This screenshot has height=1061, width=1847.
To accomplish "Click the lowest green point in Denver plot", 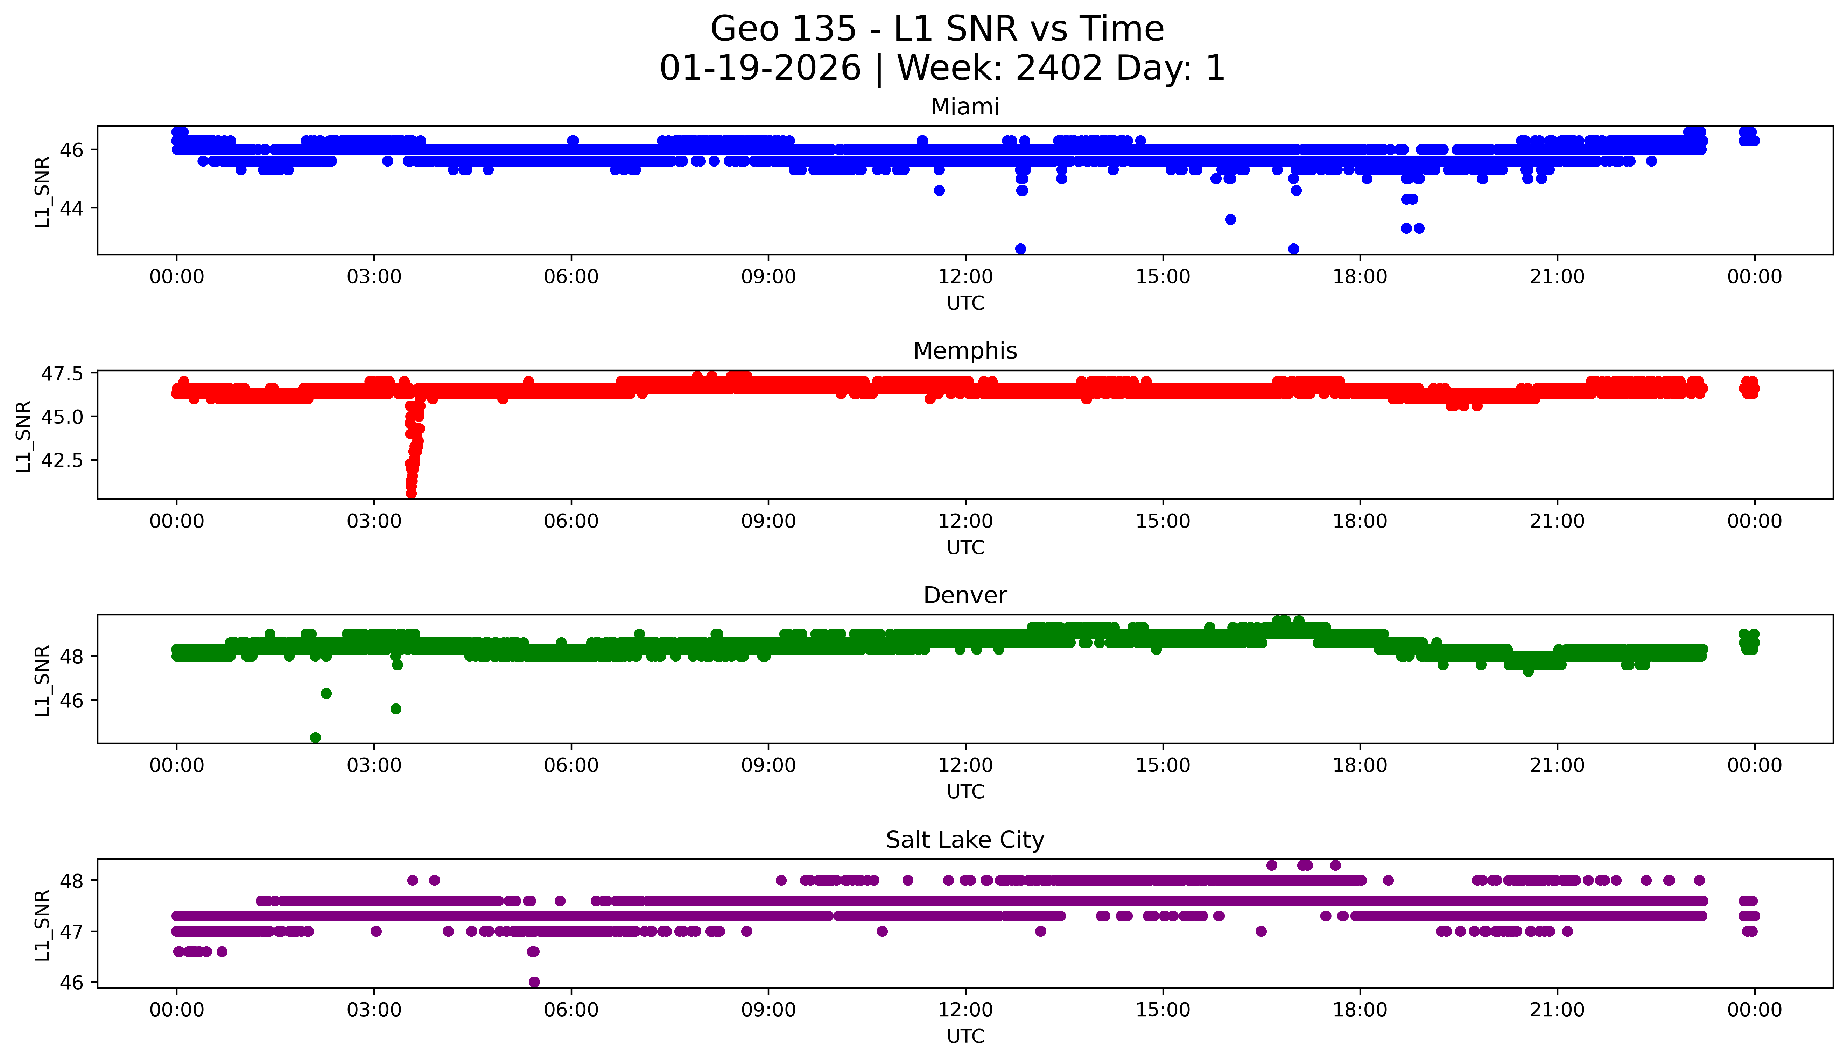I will (315, 737).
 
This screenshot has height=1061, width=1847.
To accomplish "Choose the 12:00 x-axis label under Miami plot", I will (965, 277).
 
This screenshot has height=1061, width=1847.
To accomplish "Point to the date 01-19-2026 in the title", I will (760, 69).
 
